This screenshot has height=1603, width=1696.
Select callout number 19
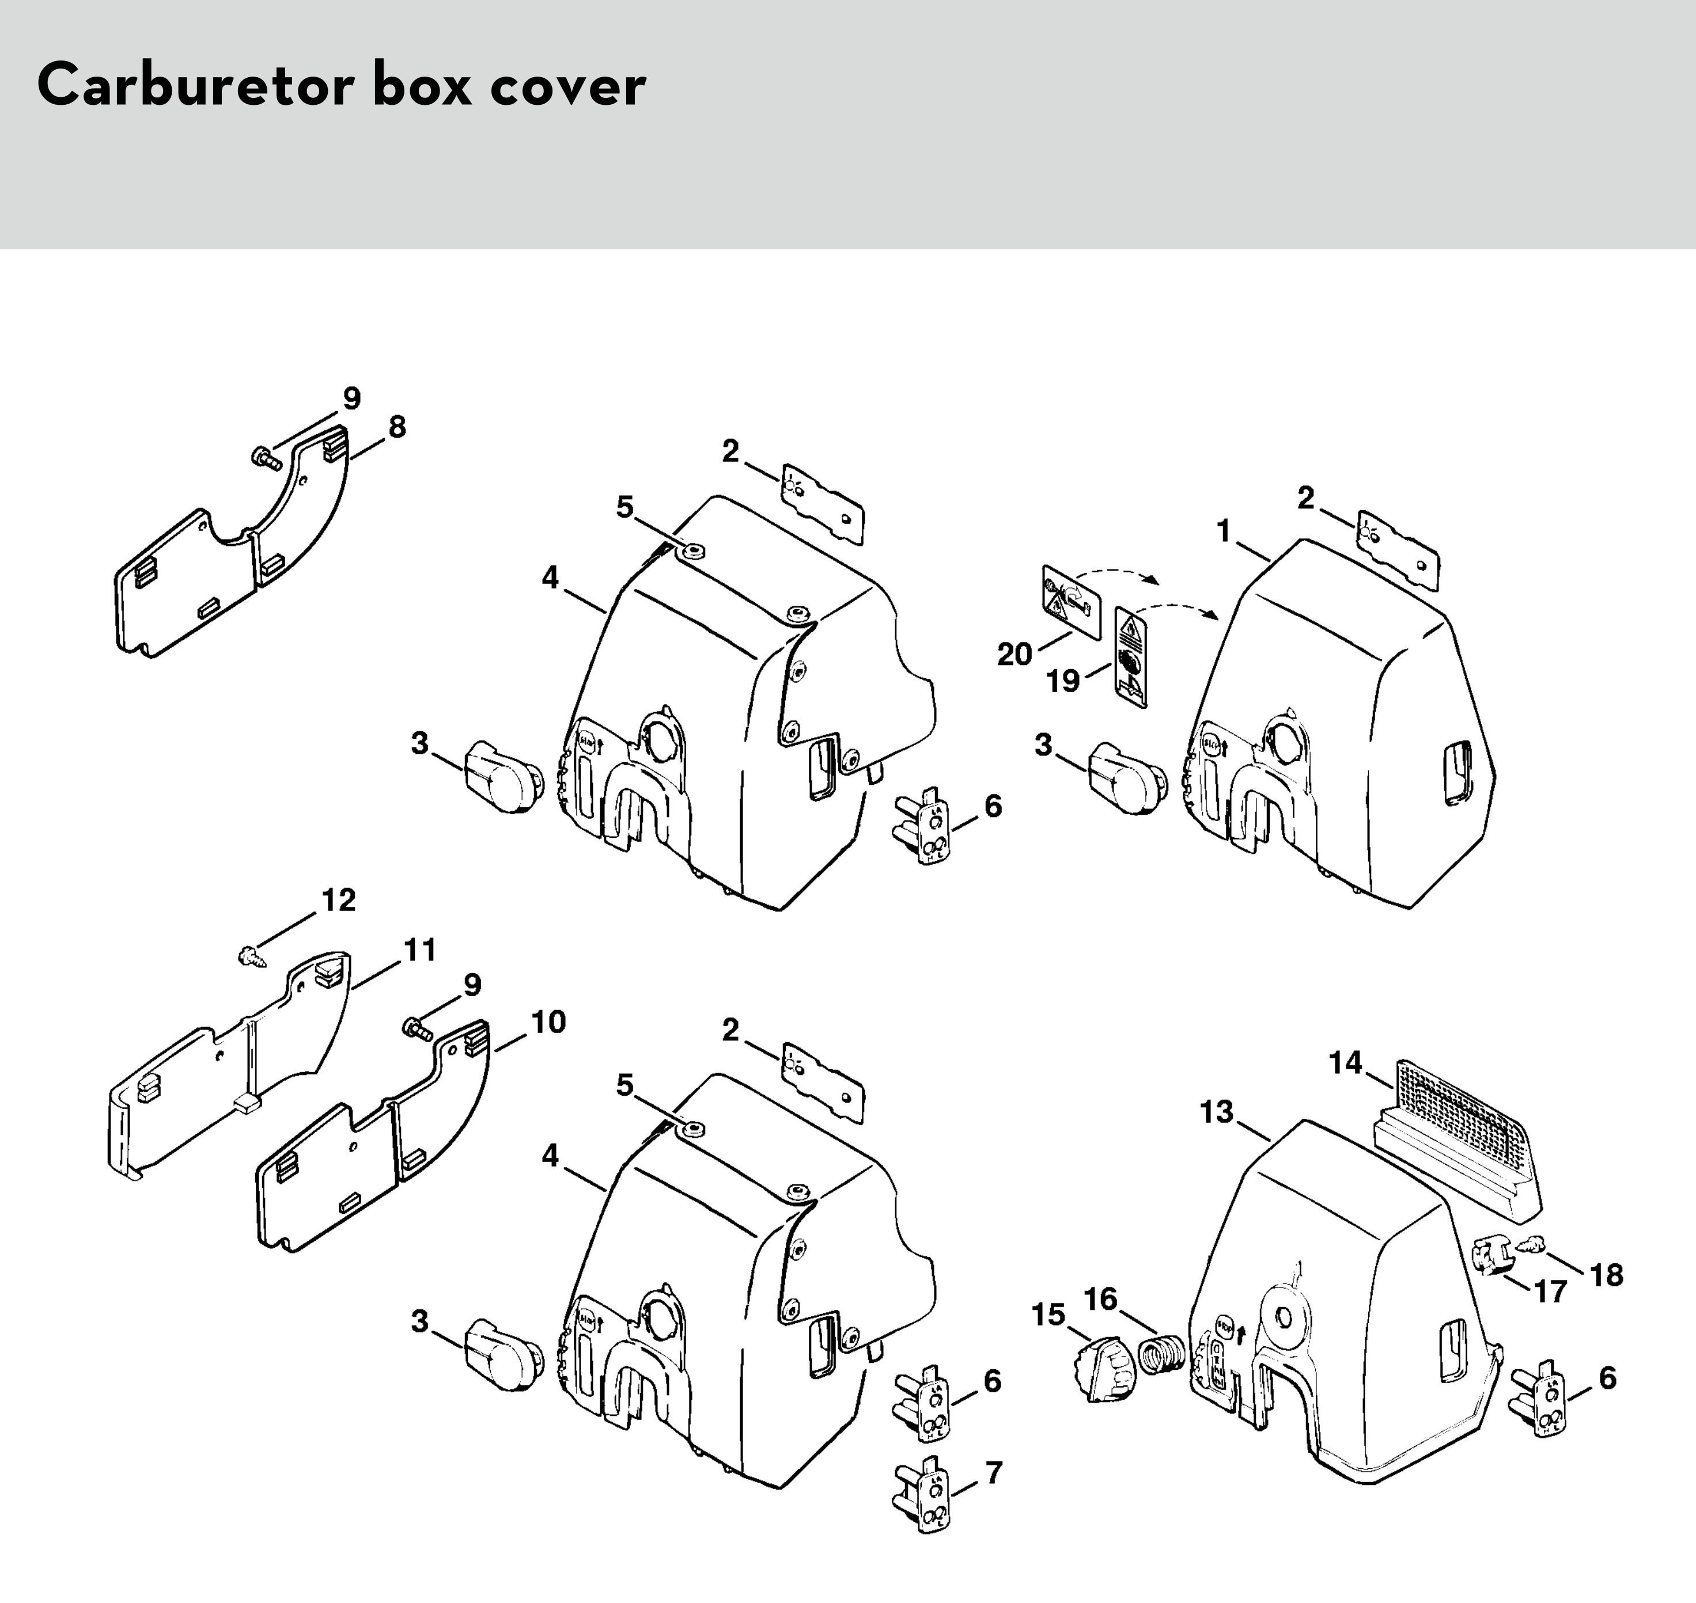(1063, 681)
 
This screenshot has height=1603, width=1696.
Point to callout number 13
(1217, 1112)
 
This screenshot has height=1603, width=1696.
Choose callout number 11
(420, 949)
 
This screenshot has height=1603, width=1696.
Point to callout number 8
(397, 427)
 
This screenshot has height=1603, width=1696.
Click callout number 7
(993, 1472)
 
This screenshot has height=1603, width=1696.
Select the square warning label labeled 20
(1071, 601)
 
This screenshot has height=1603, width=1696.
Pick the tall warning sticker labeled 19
(1130, 657)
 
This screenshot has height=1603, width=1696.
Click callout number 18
(1606, 1275)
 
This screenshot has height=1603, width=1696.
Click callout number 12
(339, 900)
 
